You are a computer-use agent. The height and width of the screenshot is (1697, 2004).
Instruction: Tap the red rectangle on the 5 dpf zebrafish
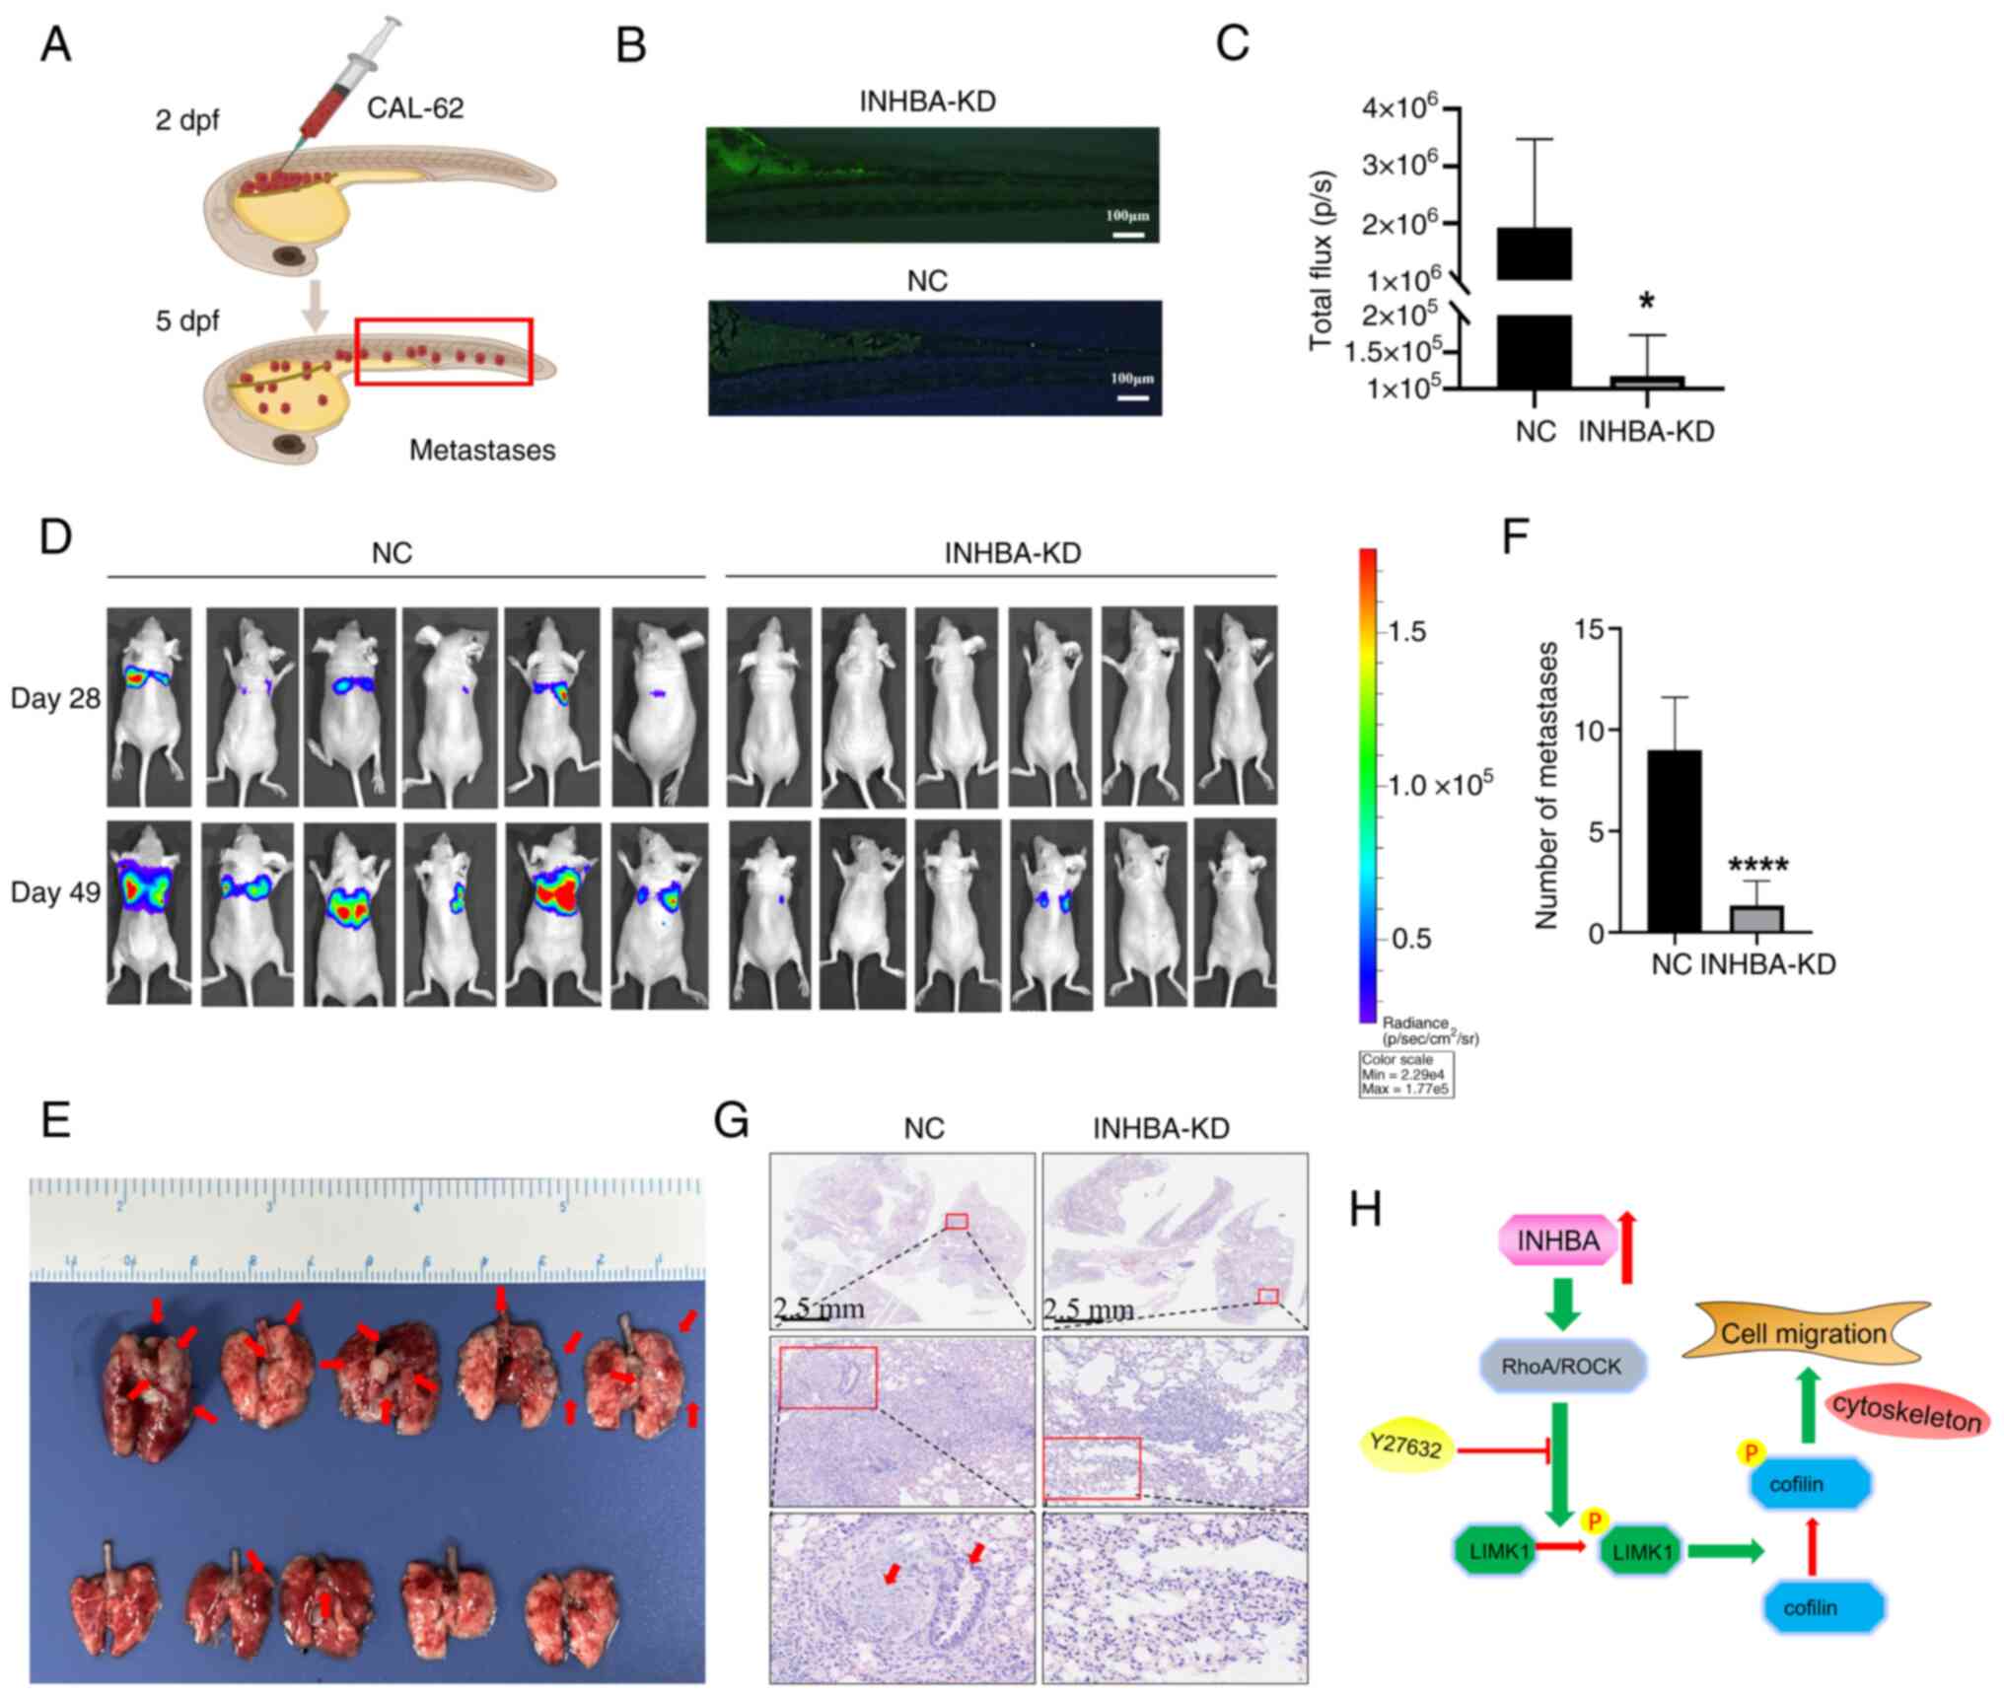(x=444, y=351)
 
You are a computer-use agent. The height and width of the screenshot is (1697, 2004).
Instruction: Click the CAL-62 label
(x=415, y=107)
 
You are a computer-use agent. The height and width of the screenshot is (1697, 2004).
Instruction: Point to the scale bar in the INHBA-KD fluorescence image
(x=1128, y=235)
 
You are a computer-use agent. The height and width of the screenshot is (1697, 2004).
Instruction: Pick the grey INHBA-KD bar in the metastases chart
(x=1755, y=918)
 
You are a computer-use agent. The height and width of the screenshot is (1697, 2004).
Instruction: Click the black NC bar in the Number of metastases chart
(x=1674, y=841)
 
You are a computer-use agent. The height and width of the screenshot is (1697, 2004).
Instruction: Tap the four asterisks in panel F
(x=1757, y=866)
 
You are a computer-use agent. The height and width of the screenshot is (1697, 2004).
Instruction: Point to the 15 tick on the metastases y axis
(x=1588, y=629)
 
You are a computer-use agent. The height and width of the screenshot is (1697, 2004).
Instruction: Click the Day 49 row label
(x=55, y=892)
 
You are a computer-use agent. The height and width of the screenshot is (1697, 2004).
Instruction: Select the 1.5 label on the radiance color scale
(x=1407, y=632)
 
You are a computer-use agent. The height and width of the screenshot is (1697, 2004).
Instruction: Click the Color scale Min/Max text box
(x=1404, y=1074)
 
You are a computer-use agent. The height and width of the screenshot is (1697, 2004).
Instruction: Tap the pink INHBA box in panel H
(x=1558, y=1240)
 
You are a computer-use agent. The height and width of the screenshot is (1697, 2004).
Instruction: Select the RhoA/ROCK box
(x=1560, y=1367)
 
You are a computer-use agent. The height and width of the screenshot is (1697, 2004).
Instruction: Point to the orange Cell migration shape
(x=1804, y=1334)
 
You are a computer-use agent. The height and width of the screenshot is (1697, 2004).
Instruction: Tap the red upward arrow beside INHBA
(x=1627, y=1247)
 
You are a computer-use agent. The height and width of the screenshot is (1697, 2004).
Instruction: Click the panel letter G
(x=732, y=1121)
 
